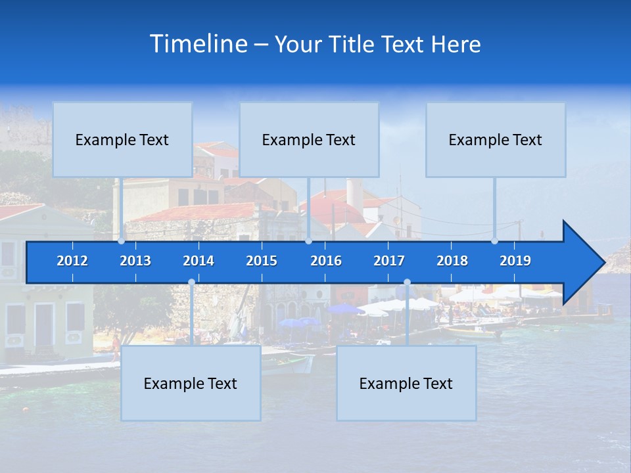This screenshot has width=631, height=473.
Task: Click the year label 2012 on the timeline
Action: (72, 261)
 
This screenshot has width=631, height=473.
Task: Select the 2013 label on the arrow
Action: (135, 261)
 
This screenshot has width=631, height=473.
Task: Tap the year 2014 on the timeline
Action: (199, 261)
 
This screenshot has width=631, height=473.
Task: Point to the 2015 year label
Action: (262, 261)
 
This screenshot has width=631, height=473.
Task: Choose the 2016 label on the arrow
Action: (326, 261)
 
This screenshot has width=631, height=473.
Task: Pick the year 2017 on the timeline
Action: (389, 261)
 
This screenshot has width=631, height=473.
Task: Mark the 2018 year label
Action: (452, 261)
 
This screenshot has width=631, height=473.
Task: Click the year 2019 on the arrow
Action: (515, 261)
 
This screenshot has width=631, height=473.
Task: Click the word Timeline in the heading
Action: (198, 43)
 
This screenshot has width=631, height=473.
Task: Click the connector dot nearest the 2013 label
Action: (122, 241)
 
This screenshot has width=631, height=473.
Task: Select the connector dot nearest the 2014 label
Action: (191, 282)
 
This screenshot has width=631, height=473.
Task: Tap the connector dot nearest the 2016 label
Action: (308, 241)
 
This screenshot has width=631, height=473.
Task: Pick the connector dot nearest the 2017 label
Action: (407, 282)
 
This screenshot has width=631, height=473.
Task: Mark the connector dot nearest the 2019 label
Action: (495, 241)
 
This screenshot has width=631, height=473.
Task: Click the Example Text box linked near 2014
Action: (191, 383)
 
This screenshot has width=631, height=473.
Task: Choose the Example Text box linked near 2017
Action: (406, 383)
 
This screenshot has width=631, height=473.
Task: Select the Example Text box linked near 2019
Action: (496, 139)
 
